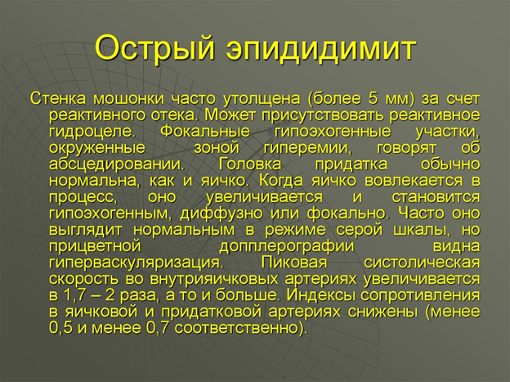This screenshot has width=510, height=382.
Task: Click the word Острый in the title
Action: click(154, 49)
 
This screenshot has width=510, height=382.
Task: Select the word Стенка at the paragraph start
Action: click(58, 99)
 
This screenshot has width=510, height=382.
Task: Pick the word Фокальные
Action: click(205, 132)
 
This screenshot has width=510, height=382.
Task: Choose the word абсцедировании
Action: click(117, 164)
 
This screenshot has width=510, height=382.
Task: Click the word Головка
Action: click(250, 164)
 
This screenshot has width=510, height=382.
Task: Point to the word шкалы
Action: click(423, 231)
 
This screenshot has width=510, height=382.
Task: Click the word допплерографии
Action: click(287, 246)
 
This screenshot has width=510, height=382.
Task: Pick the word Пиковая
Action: click(293, 263)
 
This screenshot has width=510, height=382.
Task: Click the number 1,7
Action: click(74, 295)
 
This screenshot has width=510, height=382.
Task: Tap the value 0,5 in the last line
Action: click(60, 328)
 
